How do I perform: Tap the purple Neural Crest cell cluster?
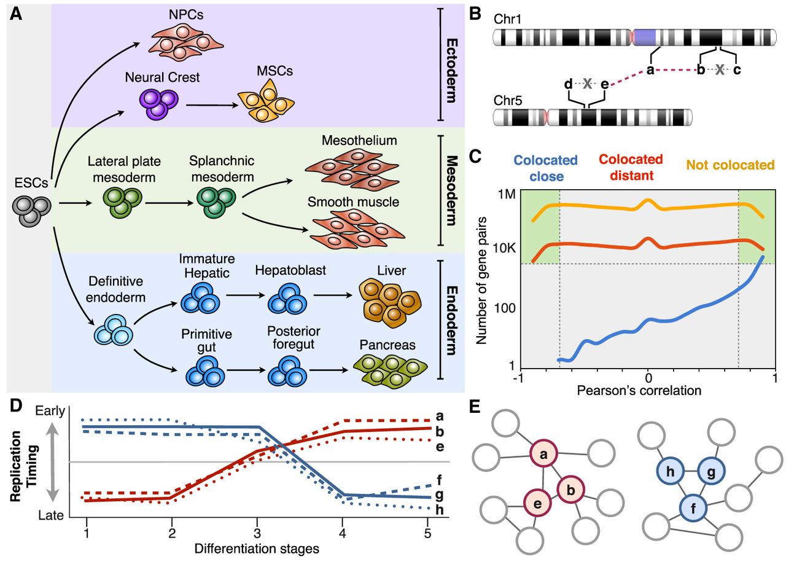tap(159, 103)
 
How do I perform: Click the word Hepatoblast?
tap(290, 270)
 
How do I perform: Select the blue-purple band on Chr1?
tap(644, 38)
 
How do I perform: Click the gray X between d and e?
tap(587, 84)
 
